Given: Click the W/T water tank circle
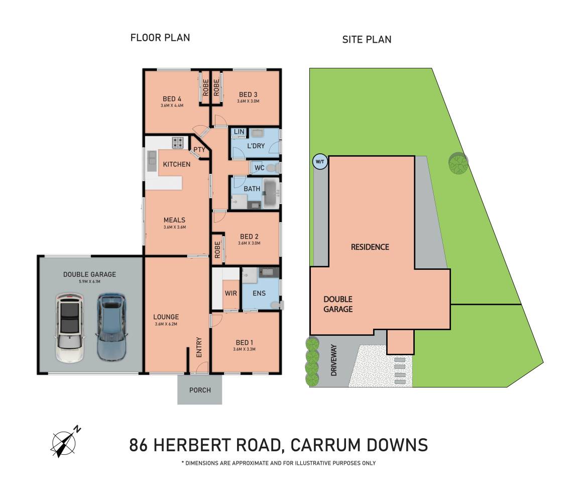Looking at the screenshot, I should (319, 161).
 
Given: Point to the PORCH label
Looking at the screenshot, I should (200, 390).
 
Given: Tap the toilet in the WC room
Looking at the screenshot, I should (272, 168).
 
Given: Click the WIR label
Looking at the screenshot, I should (230, 293).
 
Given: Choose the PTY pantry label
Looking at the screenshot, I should (199, 149).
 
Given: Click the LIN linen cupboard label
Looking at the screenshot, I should (239, 132).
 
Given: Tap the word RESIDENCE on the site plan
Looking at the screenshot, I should (370, 247).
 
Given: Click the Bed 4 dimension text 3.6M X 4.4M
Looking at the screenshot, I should (172, 106).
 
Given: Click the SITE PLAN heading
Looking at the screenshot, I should (367, 39).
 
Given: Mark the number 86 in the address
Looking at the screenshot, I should (139, 445).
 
